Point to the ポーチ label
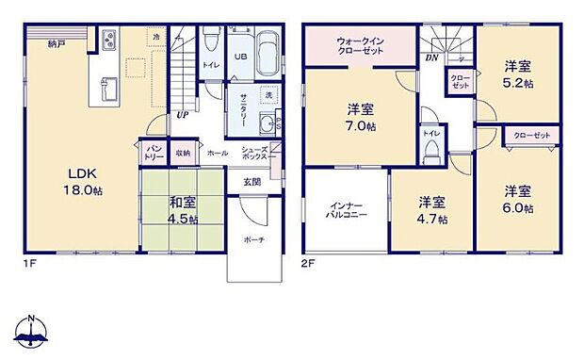(x=253, y=239)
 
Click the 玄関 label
(x=252, y=182)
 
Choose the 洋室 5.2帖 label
(x=515, y=74)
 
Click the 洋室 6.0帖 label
(x=516, y=201)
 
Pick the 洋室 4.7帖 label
(x=432, y=210)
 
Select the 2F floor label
(x=308, y=263)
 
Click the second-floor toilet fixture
(x=431, y=157)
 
